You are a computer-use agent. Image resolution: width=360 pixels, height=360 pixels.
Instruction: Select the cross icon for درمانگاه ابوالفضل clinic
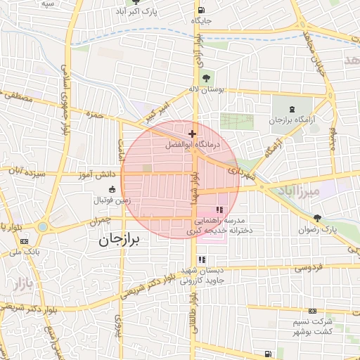192,133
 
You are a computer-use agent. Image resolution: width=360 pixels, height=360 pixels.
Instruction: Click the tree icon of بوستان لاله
205,78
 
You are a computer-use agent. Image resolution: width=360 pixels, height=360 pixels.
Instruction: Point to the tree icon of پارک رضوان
319,219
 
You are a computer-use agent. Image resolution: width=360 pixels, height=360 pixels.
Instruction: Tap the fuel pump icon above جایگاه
202,10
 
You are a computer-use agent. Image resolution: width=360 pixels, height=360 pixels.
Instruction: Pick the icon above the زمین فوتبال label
112,189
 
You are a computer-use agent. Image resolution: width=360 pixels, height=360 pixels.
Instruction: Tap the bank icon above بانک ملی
25,242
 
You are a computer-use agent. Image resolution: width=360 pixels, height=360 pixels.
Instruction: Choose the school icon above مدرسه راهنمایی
219,210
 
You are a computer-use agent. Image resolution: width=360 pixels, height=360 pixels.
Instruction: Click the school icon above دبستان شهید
202,259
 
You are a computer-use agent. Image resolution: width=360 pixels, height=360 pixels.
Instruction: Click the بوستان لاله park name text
206,89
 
